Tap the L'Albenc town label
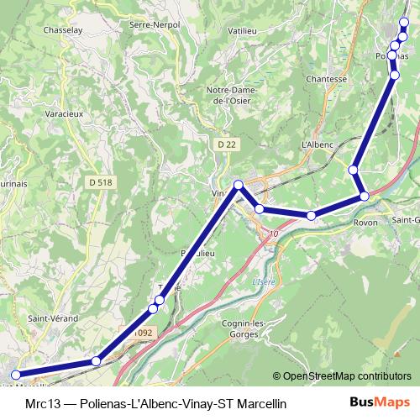(x=318, y=144)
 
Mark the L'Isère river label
(x=264, y=282)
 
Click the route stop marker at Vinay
(x=239, y=185)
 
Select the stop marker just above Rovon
(x=365, y=196)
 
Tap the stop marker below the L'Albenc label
(x=354, y=171)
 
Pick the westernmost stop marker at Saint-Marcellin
(x=14, y=376)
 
